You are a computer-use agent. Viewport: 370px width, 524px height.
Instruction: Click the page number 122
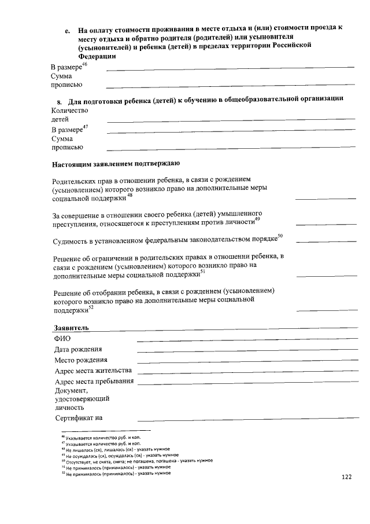click(x=347, y=477)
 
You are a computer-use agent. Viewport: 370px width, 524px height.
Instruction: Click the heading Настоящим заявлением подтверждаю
click(x=116, y=164)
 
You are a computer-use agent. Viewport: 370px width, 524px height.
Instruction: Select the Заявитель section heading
click(x=72, y=328)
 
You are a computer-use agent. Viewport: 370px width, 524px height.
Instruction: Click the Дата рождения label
click(x=79, y=349)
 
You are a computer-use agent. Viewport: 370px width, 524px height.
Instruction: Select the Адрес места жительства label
click(x=93, y=371)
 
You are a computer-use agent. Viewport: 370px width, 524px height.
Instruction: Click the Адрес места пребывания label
click(x=94, y=382)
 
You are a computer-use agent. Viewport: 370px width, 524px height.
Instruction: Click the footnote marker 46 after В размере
click(x=84, y=65)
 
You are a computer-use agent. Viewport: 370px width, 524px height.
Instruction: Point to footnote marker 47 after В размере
click(x=85, y=126)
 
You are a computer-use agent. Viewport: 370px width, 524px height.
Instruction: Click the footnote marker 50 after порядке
click(x=280, y=236)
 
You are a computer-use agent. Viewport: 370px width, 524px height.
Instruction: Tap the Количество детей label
click(x=69, y=115)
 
